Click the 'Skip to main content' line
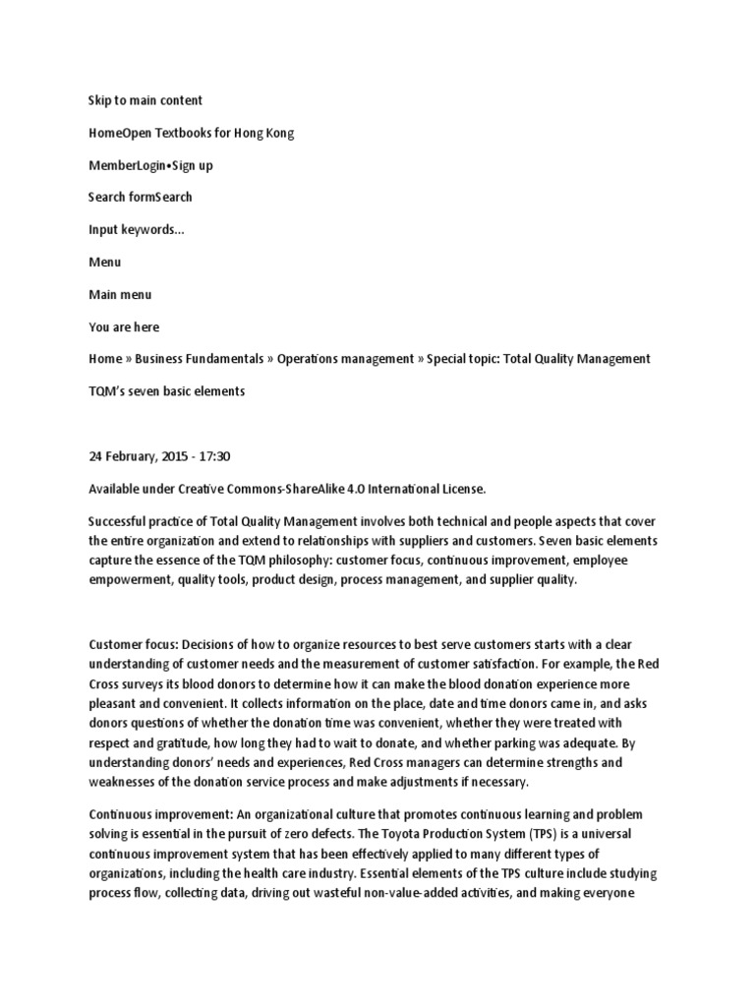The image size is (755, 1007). coord(145,100)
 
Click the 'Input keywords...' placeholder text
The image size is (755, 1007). coord(136,229)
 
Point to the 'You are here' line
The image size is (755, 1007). coord(123,326)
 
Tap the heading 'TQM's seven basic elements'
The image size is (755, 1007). coord(166,391)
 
